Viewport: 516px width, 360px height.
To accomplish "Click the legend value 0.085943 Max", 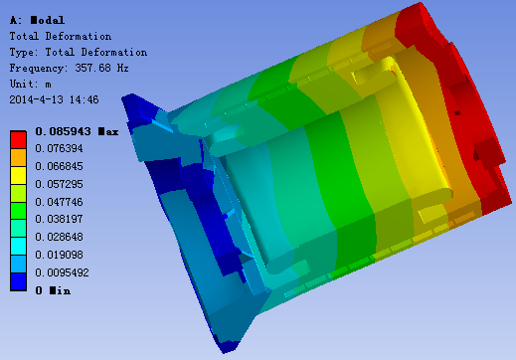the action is pos(77,131).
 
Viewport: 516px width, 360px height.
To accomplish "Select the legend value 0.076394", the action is pos(59,148).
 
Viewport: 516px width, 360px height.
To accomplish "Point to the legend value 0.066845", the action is pos(59,166).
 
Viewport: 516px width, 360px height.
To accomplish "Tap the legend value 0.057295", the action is pos(59,184).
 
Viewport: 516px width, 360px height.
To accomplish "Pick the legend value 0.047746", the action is pos(59,202).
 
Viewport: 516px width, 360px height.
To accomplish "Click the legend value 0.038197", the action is pos(59,219).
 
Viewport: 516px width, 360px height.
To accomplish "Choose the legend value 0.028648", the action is pos(59,237).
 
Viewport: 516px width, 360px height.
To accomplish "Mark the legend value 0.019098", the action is pos(59,255).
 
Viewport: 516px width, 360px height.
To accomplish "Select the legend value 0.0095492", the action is pos(62,272).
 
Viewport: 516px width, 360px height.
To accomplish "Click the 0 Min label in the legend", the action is pos(53,290).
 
